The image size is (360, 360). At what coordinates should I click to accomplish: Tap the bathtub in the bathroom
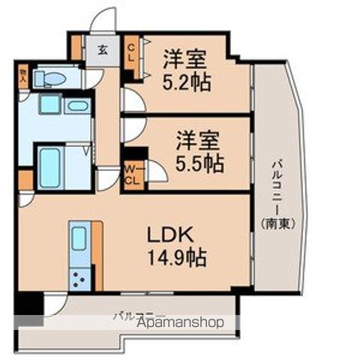[x=51, y=160]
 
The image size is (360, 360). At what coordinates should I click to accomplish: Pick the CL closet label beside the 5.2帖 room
[x=130, y=52]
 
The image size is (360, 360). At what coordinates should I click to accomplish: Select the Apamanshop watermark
[x=180, y=323]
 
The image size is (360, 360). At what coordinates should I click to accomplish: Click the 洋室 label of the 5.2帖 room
[x=185, y=57]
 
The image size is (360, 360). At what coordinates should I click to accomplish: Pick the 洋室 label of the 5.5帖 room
[x=199, y=139]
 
